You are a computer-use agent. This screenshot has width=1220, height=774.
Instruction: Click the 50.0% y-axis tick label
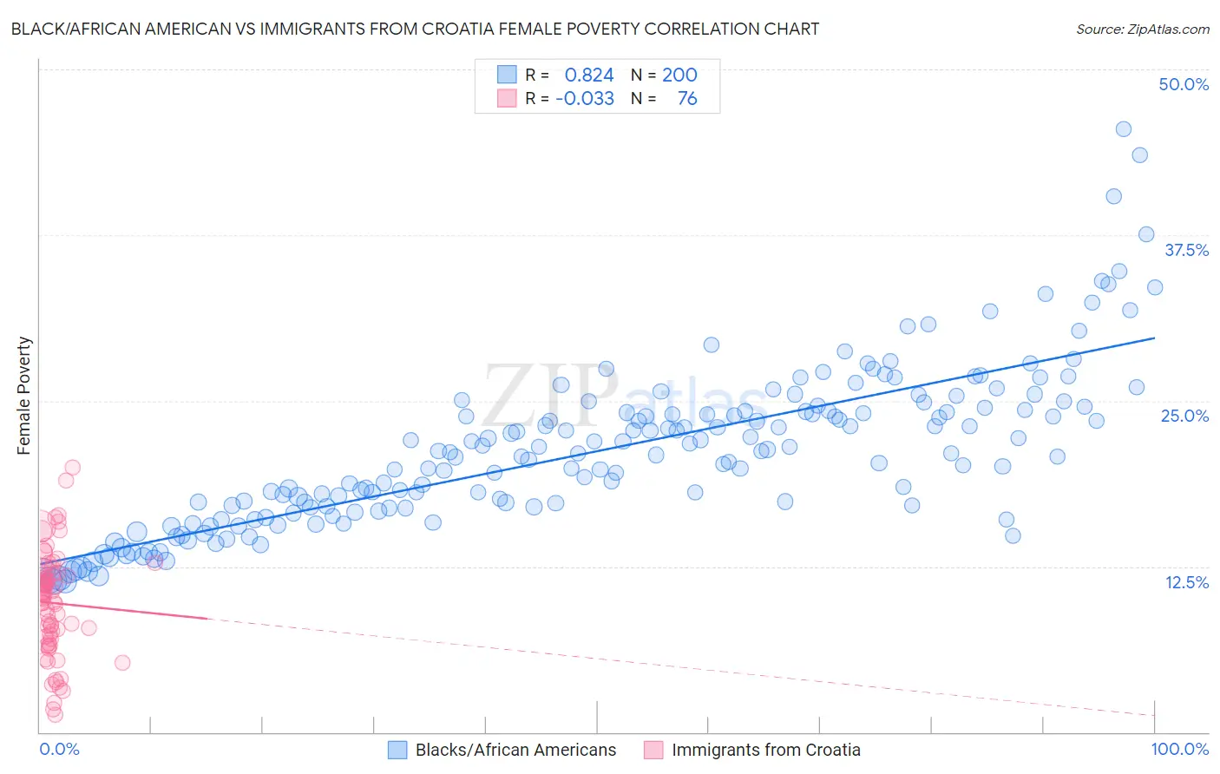[1184, 84]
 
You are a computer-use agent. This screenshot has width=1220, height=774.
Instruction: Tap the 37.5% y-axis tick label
[1186, 250]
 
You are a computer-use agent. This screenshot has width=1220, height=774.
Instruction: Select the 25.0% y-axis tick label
[1184, 416]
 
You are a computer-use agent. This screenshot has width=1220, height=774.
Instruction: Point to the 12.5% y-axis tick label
[1186, 582]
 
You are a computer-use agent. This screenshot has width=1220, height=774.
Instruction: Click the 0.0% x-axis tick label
[59, 750]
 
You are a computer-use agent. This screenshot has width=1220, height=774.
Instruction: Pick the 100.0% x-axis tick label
[1179, 750]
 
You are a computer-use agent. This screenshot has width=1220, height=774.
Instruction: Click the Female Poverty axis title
[23, 396]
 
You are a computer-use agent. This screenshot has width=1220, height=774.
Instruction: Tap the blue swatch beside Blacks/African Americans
[397, 751]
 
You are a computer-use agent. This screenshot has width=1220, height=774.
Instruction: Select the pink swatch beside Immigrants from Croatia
[653, 751]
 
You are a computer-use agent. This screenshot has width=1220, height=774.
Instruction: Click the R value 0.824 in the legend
[589, 75]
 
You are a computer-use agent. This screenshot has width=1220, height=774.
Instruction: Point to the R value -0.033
[585, 98]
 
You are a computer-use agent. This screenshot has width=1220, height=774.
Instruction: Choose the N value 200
[679, 75]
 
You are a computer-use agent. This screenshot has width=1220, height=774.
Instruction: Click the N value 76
[687, 98]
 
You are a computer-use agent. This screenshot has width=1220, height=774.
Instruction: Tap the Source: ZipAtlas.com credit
[1142, 29]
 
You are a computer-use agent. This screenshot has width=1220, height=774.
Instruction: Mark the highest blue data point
[1123, 129]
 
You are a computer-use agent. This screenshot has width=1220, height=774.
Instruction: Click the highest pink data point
[72, 467]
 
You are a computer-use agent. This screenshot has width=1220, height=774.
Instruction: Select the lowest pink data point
[55, 714]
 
